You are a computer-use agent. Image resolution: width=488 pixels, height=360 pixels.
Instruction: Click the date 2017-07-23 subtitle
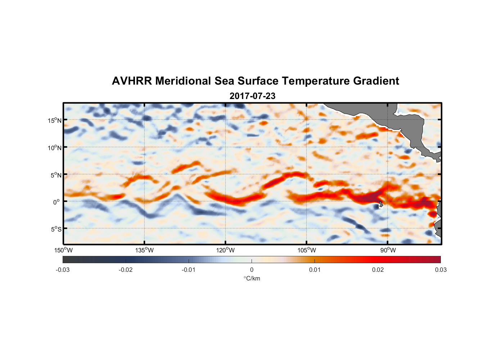click(252, 96)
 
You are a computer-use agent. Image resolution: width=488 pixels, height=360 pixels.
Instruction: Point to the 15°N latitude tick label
click(55, 120)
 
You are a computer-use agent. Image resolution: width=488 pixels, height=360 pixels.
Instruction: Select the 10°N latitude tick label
click(55, 148)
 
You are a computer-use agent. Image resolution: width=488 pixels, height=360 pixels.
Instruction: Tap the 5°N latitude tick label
click(56, 175)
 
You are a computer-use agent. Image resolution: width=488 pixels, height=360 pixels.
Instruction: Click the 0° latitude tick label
click(57, 202)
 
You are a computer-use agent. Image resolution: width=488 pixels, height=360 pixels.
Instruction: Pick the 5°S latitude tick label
click(56, 229)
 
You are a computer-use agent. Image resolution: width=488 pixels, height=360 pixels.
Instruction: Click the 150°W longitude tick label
click(63, 251)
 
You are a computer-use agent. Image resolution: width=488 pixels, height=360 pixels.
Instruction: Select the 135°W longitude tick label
click(144, 251)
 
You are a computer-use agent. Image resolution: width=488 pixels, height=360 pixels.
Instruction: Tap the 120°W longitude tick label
click(226, 251)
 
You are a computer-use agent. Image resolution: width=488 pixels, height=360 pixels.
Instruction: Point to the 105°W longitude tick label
click(307, 251)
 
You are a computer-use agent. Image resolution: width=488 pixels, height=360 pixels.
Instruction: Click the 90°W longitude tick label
click(388, 251)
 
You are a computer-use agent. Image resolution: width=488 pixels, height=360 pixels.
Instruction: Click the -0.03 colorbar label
click(63, 270)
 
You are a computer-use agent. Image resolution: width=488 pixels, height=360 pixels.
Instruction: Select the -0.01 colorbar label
click(188, 270)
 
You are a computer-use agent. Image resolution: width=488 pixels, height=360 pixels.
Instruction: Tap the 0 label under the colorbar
click(252, 270)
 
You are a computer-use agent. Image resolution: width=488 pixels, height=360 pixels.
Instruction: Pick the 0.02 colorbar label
click(378, 270)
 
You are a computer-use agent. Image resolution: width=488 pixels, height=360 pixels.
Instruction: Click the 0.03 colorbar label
click(440, 270)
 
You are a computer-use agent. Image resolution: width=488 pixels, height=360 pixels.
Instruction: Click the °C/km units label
click(252, 279)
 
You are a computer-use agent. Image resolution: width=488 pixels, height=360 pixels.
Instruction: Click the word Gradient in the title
click(376, 81)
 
